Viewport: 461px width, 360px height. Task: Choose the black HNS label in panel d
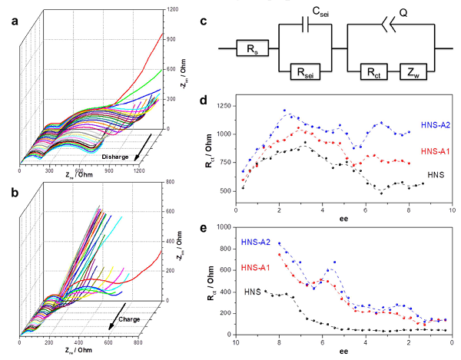[439, 175]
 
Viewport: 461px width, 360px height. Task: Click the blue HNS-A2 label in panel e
[257, 243]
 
